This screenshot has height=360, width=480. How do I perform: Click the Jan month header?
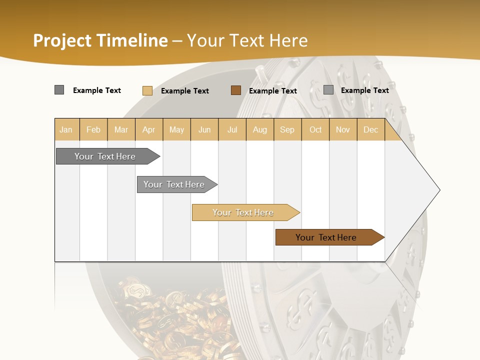(66, 129)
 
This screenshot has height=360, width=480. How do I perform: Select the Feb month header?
(93, 129)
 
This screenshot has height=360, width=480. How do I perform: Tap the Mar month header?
(121, 129)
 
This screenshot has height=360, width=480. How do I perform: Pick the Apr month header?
(149, 129)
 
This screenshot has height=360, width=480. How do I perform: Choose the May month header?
(176, 129)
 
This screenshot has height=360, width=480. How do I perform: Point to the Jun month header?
(204, 129)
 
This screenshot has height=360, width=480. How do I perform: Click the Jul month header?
(232, 129)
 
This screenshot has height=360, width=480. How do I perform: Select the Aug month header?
(260, 129)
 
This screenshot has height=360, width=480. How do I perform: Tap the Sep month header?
(287, 129)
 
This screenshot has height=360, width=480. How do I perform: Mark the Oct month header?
(315, 129)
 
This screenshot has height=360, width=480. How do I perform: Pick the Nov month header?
(343, 129)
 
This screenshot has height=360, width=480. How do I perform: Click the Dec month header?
(371, 129)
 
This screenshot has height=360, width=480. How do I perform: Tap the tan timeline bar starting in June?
(243, 212)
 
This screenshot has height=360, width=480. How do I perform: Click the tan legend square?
(147, 90)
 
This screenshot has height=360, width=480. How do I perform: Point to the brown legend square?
(236, 90)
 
